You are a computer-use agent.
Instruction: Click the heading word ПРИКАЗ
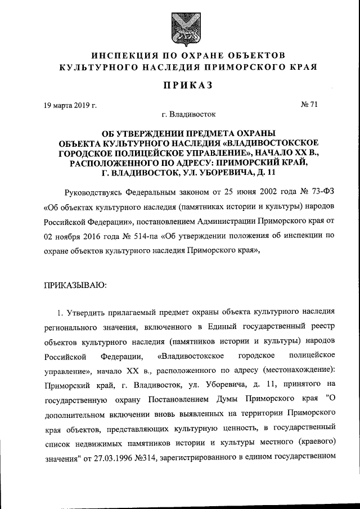click(180, 85)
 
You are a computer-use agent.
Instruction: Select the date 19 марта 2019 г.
click(70, 105)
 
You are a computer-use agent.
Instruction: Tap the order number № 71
click(309, 105)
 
